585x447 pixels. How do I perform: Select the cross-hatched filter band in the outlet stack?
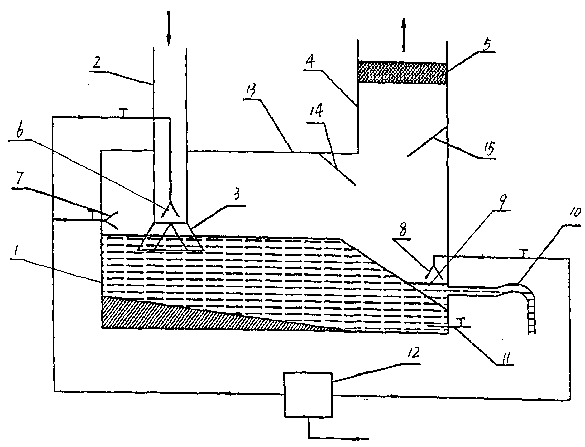click(x=402, y=73)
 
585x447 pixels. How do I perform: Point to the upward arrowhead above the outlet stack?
click(x=404, y=24)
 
